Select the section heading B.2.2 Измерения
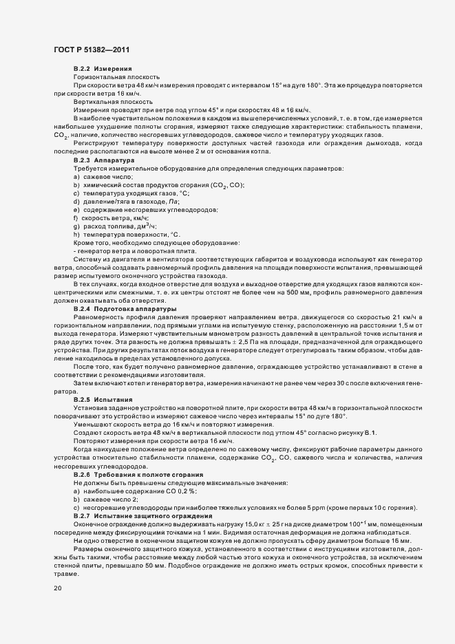click(98, 69)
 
